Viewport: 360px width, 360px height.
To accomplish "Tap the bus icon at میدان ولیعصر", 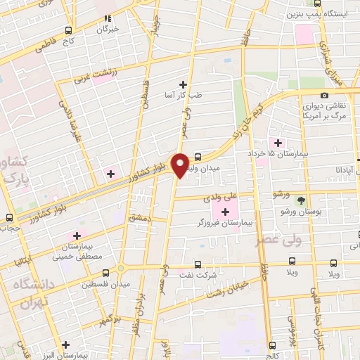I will (x=198, y=157).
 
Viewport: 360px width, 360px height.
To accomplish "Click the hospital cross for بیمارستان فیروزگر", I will (x=226, y=211).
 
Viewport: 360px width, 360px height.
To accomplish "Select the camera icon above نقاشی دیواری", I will (x=324, y=96).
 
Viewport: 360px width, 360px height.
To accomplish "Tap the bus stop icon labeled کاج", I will (x=68, y=30).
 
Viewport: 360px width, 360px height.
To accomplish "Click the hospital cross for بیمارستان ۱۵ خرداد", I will (x=281, y=143).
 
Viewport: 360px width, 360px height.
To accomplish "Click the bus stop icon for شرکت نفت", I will (x=197, y=265).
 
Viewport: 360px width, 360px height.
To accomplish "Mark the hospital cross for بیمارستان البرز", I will (x=65, y=345).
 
